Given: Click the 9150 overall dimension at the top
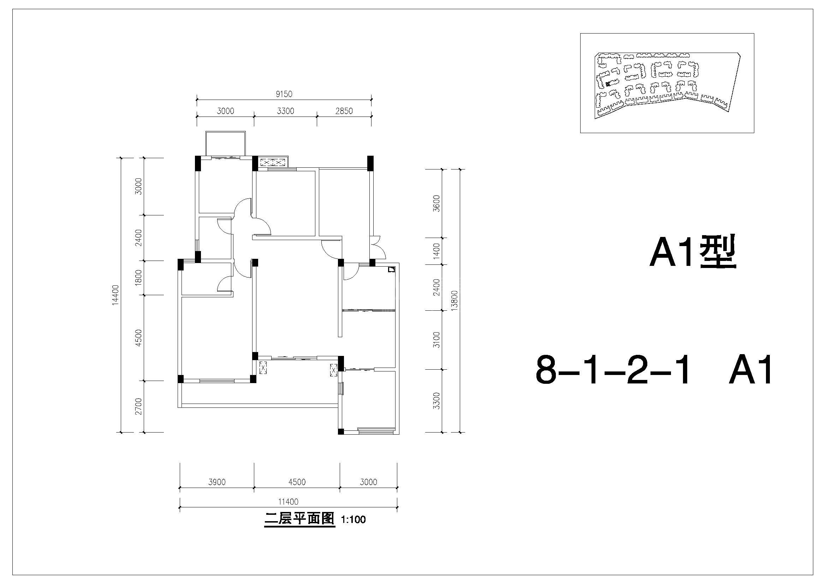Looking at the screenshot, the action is coord(284,94).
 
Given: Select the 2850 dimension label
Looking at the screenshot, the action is coord(344,111).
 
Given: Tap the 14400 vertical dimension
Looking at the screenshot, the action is coord(115,295).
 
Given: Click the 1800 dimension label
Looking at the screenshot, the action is coord(138,278).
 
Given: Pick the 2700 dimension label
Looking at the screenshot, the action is coord(138,406).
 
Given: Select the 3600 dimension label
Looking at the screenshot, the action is coord(436,203).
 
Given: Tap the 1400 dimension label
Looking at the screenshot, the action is coord(436,251).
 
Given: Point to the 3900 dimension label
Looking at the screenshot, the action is coord(217,482).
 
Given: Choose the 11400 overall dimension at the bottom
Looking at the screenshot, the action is coord(288,502).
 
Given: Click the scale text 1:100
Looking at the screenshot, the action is coord(353,520).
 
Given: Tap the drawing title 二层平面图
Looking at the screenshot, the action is coord(300,519).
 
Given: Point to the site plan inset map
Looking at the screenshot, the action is coord(667,83).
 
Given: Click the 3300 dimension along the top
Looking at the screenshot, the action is coord(285,111).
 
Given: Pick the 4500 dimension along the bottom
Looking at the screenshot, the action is coord(297,482).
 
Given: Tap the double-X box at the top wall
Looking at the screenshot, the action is coord(273,162).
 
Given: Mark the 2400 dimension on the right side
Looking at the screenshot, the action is coord(436,287).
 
